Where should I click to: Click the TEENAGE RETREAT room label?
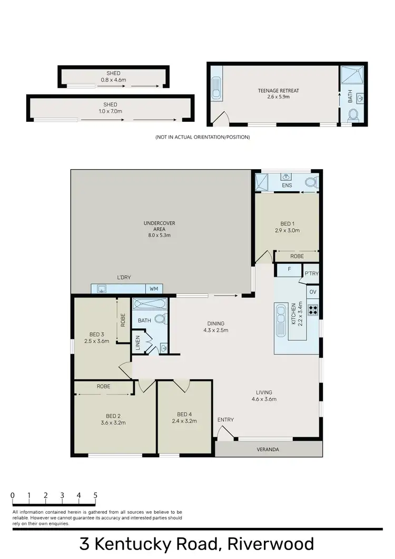pos(278,91)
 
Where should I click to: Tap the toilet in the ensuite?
pos(311,183)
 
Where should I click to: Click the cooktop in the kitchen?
pos(313,310)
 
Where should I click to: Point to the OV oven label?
pos(312,292)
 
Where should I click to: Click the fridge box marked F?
pos(289,270)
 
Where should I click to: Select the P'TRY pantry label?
pos(312,273)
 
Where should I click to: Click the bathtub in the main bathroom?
pos(150,303)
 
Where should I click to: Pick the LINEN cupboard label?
pos(137,344)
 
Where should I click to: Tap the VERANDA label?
pos(268,449)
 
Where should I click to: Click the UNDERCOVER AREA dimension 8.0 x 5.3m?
pos(159,235)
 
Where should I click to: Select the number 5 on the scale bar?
pos(95,495)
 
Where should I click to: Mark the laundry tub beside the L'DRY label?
pos(102,289)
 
